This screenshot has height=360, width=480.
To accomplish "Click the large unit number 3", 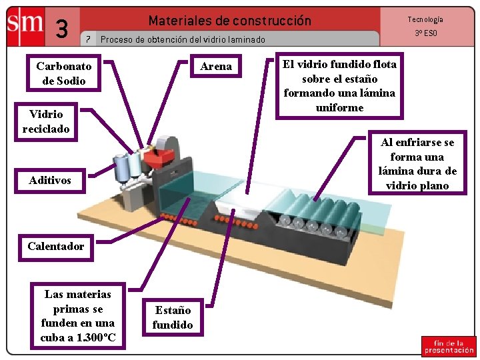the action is pyautogui.click(x=62, y=29).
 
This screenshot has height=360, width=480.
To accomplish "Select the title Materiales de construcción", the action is pyautogui.click(x=229, y=21).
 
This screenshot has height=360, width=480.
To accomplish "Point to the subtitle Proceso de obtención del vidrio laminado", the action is pyautogui.click(x=183, y=39).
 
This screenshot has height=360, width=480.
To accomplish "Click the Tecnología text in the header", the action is pyautogui.click(x=425, y=19).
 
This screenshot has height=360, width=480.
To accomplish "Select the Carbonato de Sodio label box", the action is pyautogui.click(x=64, y=73).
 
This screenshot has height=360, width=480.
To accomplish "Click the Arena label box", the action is pyautogui.click(x=216, y=66).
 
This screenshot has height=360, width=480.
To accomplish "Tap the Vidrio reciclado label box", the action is pyautogui.click(x=45, y=121).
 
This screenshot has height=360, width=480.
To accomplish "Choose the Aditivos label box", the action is pyautogui.click(x=50, y=180).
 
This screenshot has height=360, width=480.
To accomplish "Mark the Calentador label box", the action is pyautogui.click(x=56, y=246).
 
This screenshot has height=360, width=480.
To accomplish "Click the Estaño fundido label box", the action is pyautogui.click(x=173, y=317).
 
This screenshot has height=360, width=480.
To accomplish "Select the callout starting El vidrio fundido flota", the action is pyautogui.click(x=339, y=85).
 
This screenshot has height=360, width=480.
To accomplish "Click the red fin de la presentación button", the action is pyautogui.click(x=448, y=346).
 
